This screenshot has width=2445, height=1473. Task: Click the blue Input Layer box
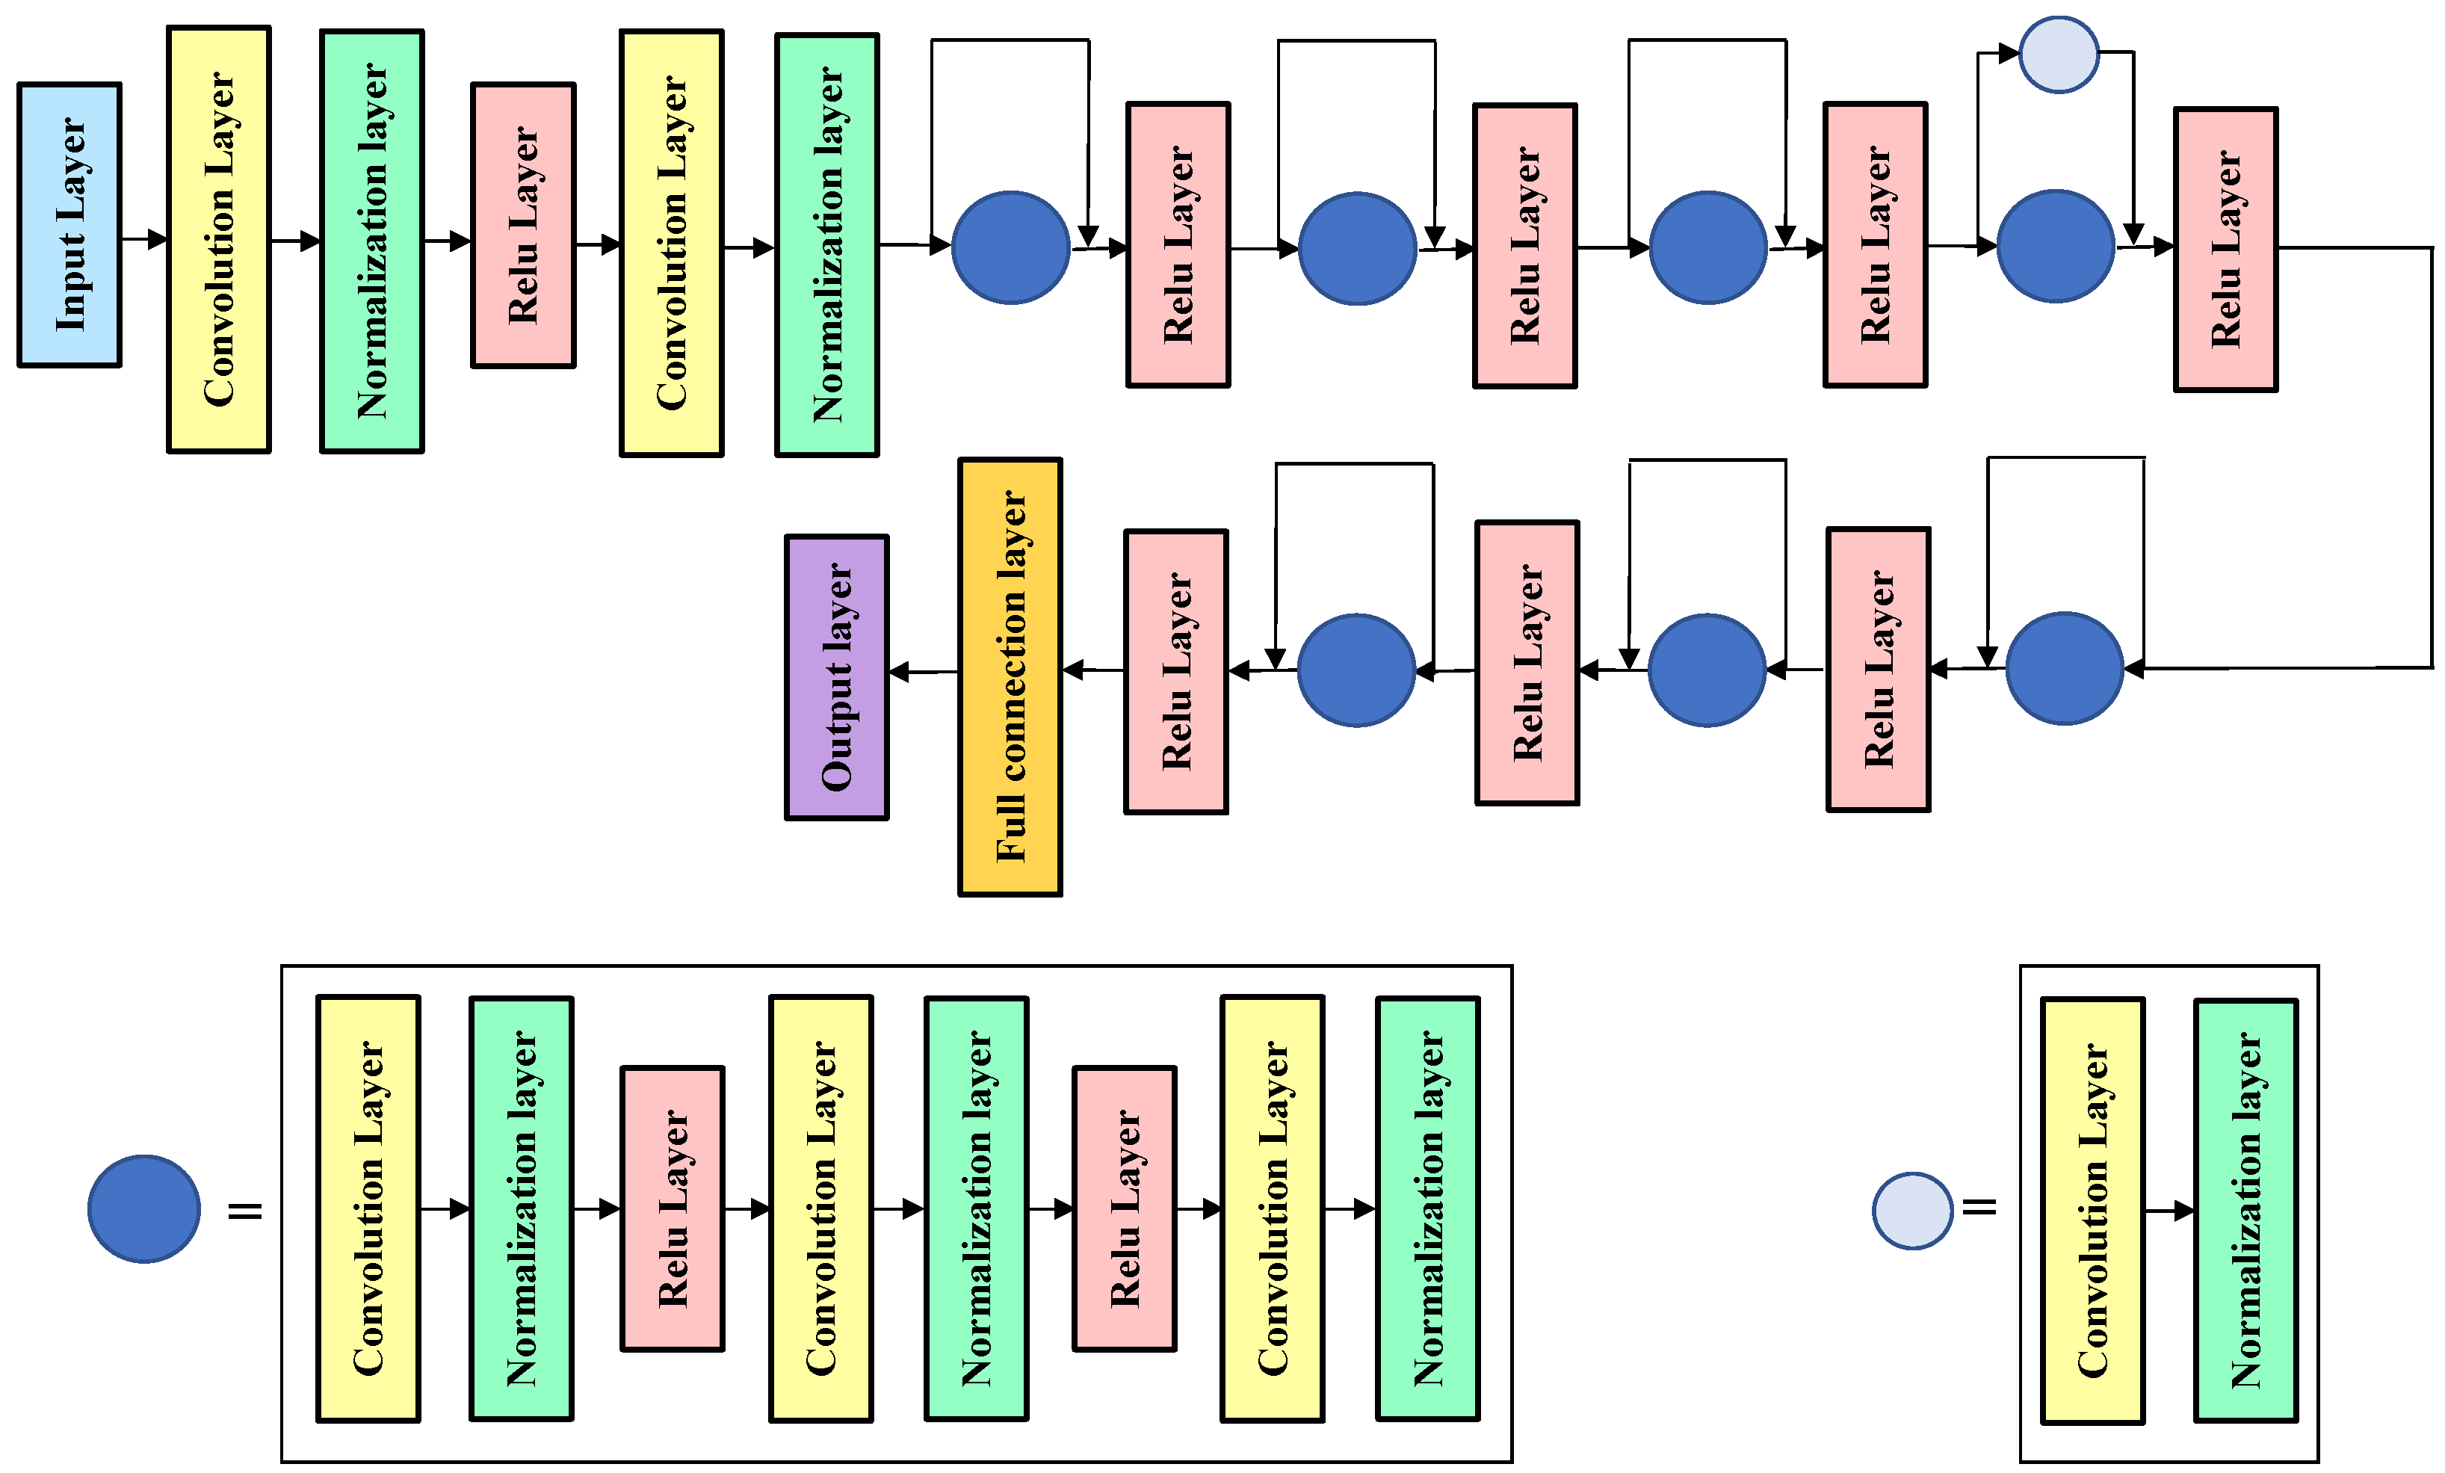[69, 225]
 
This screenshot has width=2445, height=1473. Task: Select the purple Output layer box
[836, 678]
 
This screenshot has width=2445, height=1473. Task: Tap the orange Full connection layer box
[1010, 677]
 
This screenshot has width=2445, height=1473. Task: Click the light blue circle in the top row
[2060, 55]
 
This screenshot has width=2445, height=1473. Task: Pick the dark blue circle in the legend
[144, 1209]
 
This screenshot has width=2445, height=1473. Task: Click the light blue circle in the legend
[1913, 1211]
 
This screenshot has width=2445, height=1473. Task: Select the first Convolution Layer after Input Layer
[219, 239]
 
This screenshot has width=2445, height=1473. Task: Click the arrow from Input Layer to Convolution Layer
[145, 239]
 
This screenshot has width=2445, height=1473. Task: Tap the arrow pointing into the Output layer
[923, 673]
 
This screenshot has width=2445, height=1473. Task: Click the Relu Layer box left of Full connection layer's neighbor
[1176, 672]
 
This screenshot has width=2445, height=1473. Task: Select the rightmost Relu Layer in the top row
[2226, 249]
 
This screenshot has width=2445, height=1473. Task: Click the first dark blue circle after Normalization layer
[1010, 247]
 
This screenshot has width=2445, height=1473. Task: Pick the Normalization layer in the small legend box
[2246, 1211]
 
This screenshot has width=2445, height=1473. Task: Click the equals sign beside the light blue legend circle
[1979, 1207]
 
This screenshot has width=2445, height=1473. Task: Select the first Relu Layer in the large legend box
[673, 1209]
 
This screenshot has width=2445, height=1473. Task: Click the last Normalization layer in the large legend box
[1428, 1209]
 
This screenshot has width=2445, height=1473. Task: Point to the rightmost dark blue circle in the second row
[2065, 668]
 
